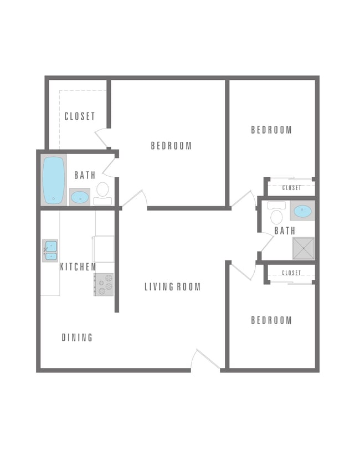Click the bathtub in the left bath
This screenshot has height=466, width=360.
coord(54,180)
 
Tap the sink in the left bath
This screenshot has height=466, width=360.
coord(80,197)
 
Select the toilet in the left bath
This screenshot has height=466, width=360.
coord(102,191)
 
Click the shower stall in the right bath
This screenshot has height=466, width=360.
coord(303,248)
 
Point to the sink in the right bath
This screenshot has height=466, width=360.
coord(302,211)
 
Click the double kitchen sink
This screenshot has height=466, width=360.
coord(50,250)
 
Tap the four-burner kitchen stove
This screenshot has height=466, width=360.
coord(104,284)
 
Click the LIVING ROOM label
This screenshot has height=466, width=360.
coord(172,287)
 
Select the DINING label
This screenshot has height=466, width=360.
coord(77,337)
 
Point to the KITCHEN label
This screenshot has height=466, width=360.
coord(78,267)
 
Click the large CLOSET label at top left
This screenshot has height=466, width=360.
coord(80,116)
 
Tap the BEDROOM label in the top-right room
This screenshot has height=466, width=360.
coord(271,130)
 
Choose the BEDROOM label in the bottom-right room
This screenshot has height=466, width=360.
coord(271,320)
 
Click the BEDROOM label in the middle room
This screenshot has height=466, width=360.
coord(171,146)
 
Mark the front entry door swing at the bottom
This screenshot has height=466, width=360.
coord(205,359)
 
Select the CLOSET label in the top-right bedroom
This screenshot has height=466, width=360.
coord(291,188)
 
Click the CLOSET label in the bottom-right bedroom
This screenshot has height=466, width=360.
coord(291,273)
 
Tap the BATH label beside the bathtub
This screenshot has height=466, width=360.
coord(85,176)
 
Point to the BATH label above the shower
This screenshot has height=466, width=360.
coord(285,231)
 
